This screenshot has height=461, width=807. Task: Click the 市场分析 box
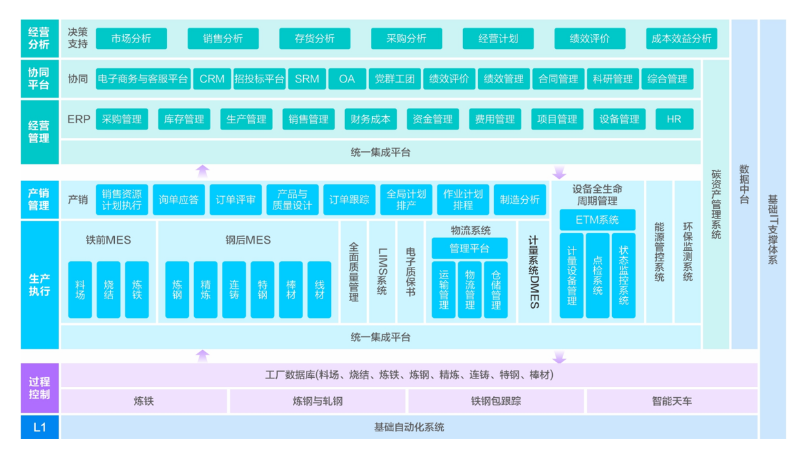131,39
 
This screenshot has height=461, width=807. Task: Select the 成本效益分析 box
681,39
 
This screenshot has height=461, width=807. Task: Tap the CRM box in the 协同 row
212,79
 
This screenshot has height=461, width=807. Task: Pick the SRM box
306,79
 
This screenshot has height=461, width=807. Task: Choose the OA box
347,79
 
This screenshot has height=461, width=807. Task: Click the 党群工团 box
395,79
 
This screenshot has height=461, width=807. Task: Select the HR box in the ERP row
674,119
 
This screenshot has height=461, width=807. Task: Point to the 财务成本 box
370,119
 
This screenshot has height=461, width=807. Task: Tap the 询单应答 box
179,200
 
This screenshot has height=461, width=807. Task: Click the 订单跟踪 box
349,200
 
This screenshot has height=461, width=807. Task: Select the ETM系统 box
597,220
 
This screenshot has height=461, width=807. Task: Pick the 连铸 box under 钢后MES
234,289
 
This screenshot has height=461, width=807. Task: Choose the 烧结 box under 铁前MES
108,289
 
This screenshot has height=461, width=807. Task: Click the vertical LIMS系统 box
382,271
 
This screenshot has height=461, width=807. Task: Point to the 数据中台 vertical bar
744,184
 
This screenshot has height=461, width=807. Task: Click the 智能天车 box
672,401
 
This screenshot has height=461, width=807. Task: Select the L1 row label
39,427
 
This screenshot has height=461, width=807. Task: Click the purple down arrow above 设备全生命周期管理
559,172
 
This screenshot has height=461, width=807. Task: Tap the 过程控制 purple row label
39,388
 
